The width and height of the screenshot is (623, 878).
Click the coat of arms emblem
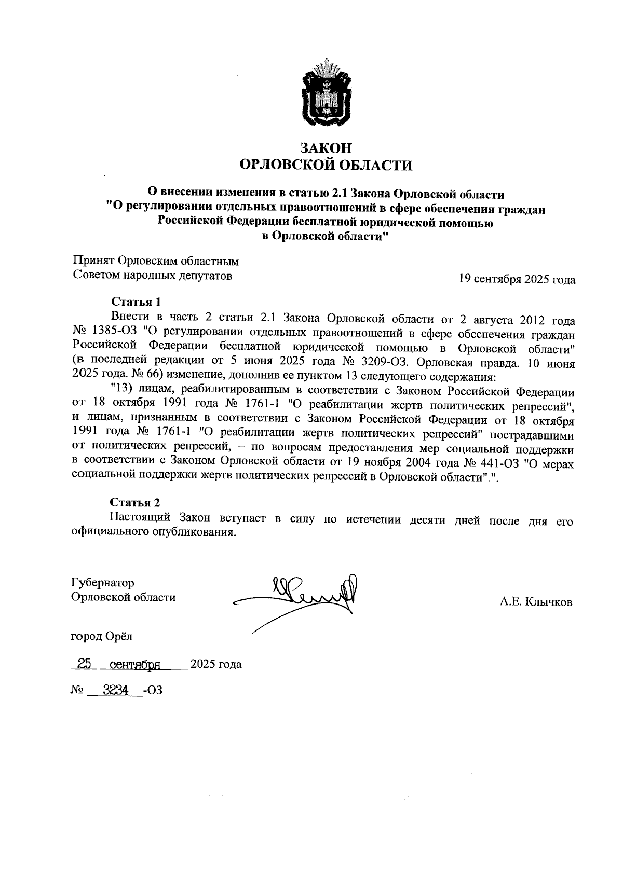pos(326,94)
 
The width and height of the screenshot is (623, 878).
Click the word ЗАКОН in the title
pos(326,148)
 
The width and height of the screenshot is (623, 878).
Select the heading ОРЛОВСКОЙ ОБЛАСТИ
pos(326,166)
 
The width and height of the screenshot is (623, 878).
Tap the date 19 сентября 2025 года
pos(517,280)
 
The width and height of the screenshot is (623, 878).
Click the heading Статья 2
pos(135,502)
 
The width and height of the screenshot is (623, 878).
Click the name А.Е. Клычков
pos(536,602)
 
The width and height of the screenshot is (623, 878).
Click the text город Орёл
pos(102,636)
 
